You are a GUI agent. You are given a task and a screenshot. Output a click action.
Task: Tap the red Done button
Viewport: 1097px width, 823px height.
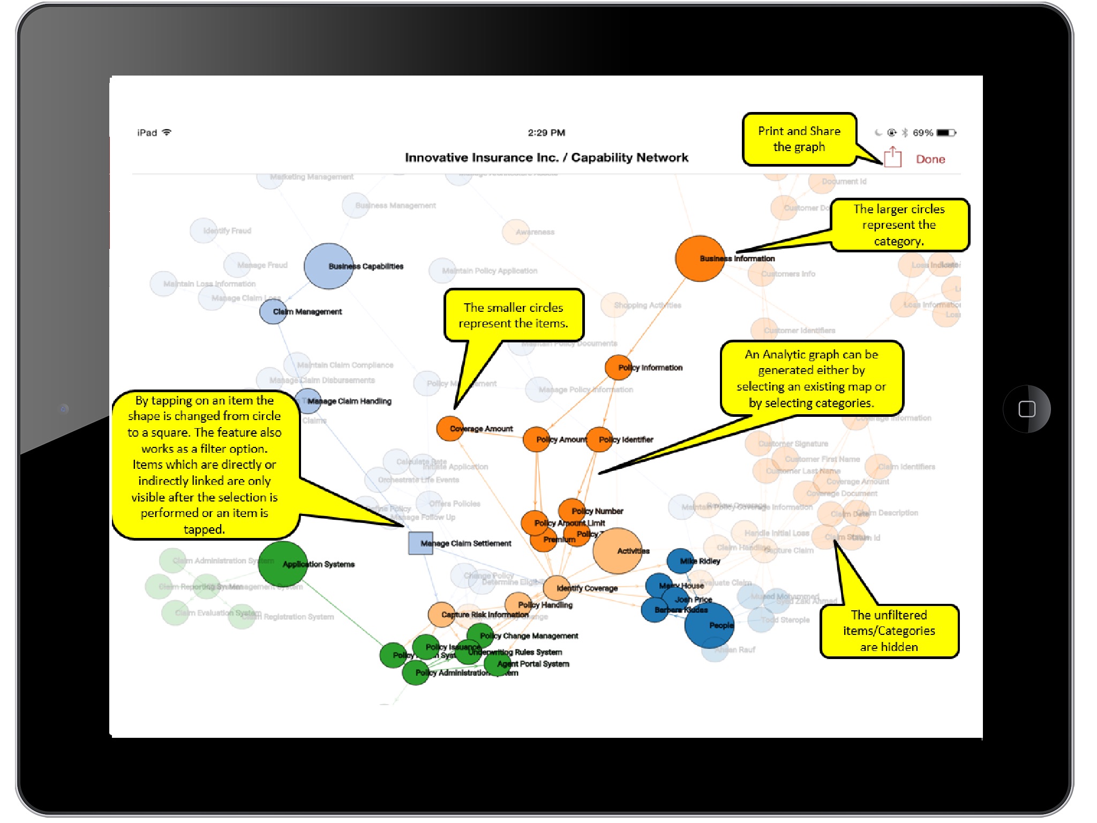(x=930, y=159)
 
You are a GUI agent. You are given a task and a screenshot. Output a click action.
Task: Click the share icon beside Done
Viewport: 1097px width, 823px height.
(x=892, y=158)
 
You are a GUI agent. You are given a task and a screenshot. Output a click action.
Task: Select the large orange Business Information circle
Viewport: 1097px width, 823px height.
(x=700, y=258)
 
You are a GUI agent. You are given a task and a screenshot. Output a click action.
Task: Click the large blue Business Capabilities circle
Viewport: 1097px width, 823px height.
(x=328, y=266)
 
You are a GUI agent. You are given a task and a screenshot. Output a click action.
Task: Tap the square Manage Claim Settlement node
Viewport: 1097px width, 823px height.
(x=420, y=543)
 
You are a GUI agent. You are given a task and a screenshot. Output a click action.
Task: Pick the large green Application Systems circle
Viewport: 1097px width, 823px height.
(x=282, y=564)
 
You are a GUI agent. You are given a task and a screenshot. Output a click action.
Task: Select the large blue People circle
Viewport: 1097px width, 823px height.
(x=709, y=625)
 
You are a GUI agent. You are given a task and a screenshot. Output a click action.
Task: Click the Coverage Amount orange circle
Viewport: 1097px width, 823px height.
(x=450, y=429)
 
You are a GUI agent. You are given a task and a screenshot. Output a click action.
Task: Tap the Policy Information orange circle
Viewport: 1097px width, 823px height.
(x=618, y=368)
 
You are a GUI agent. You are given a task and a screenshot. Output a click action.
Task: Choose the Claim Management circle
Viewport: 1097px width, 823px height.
(x=273, y=312)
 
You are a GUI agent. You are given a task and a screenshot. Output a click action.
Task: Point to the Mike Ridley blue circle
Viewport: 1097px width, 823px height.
(x=680, y=561)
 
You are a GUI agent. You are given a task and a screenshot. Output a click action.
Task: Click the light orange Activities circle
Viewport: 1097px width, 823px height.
(x=617, y=551)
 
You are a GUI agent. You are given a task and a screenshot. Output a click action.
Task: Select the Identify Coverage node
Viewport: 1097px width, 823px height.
(x=557, y=588)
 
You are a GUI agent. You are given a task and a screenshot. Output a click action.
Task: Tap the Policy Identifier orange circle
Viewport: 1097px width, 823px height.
(x=599, y=439)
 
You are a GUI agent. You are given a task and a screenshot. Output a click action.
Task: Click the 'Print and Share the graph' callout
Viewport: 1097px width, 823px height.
(x=799, y=139)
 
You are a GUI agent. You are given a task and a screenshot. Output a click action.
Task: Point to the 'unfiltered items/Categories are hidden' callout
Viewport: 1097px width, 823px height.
(x=889, y=631)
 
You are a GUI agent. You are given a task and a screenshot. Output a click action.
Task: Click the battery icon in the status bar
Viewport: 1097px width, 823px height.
(x=945, y=133)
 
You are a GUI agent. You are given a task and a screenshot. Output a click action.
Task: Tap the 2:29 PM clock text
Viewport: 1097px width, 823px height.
(x=546, y=133)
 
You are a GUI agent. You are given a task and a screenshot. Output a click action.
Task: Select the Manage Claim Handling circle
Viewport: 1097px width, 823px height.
(x=308, y=401)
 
